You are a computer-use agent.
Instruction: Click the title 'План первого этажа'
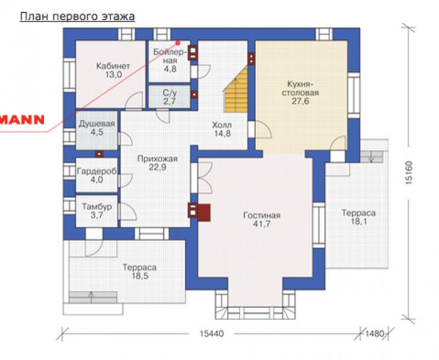pos(77,17)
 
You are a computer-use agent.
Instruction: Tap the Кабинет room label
pos(113,66)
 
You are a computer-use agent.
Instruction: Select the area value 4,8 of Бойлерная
pos(170,69)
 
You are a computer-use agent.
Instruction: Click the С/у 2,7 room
pos(170,97)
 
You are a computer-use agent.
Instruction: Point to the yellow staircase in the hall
pos(237,90)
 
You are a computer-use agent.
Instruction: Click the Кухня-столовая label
pos(300,88)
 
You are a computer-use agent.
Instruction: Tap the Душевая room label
pos(97,124)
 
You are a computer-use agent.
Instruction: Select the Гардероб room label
pos(97,171)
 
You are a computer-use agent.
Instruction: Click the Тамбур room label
pos(97,206)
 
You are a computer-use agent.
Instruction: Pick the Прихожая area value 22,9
pos(157,167)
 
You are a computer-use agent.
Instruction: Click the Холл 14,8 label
pos(222,129)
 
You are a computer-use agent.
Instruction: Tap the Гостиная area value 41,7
pos(262,224)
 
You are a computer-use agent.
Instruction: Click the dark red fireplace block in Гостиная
pos(204,213)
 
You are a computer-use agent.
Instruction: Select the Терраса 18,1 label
pos(359,217)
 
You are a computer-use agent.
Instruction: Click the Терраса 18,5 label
pos(140,272)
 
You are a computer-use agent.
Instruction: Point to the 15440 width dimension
pos(212,334)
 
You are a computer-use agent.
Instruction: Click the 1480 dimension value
pos(374,334)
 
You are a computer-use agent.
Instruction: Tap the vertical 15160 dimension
pos(409,172)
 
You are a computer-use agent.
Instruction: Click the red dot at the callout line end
pos(177,43)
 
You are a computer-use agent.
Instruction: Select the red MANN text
pos(22,120)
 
